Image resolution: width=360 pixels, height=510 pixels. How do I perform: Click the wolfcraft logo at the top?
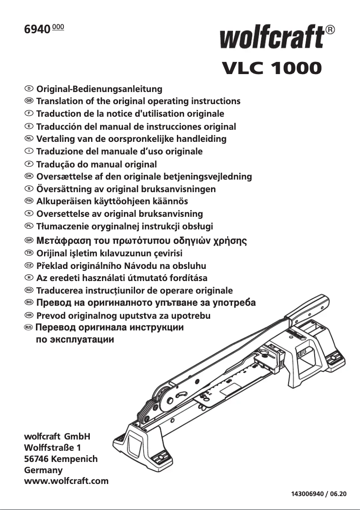tap(272, 37)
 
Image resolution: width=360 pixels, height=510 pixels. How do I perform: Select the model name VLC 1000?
tap(272, 68)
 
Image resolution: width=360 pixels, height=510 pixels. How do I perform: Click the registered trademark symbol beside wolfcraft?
tap(329, 30)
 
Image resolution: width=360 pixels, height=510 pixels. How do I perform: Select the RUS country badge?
tap(29, 327)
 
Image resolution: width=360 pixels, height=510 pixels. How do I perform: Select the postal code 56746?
tap(35, 459)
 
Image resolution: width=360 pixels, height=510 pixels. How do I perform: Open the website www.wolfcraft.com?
tap(66, 481)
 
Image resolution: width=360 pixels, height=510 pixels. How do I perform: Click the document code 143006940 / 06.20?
tap(319, 494)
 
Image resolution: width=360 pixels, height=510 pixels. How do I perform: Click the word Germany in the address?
tap(43, 470)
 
